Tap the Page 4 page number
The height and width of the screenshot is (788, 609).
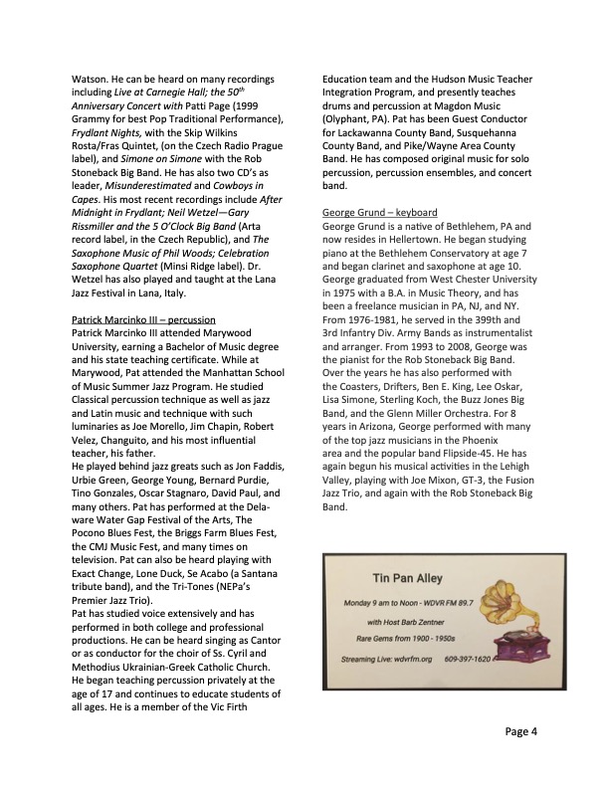(520, 731)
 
